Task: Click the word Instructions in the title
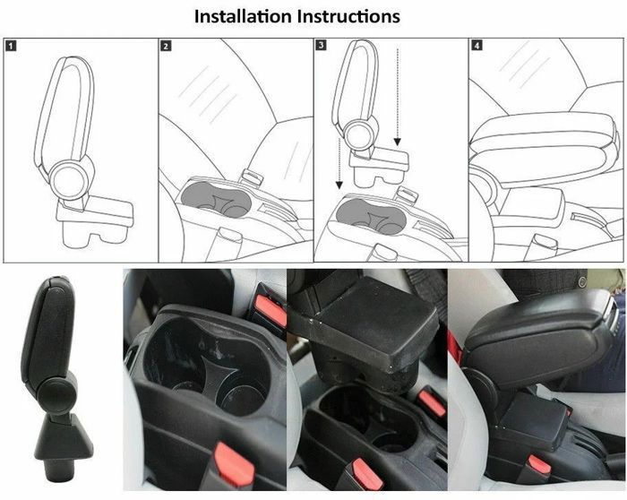tap(348, 16)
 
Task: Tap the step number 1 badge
tap(11, 46)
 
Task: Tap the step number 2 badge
tap(166, 46)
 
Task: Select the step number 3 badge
tap(321, 45)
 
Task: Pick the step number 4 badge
tap(477, 45)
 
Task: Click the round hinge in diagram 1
tap(69, 180)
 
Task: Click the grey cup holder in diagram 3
tap(371, 217)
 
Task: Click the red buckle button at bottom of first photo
tap(234, 463)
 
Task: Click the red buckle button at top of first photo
tap(271, 310)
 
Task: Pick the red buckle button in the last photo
tap(538, 464)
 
